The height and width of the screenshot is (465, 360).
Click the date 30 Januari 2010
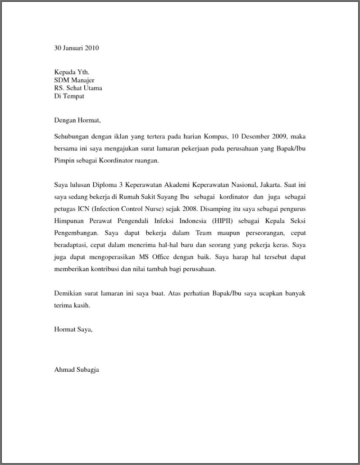76,48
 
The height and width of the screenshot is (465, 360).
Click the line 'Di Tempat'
69,96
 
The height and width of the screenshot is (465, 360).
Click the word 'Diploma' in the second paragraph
104,185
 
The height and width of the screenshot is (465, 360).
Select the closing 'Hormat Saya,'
73,329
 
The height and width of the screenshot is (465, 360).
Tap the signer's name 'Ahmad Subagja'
77,370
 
